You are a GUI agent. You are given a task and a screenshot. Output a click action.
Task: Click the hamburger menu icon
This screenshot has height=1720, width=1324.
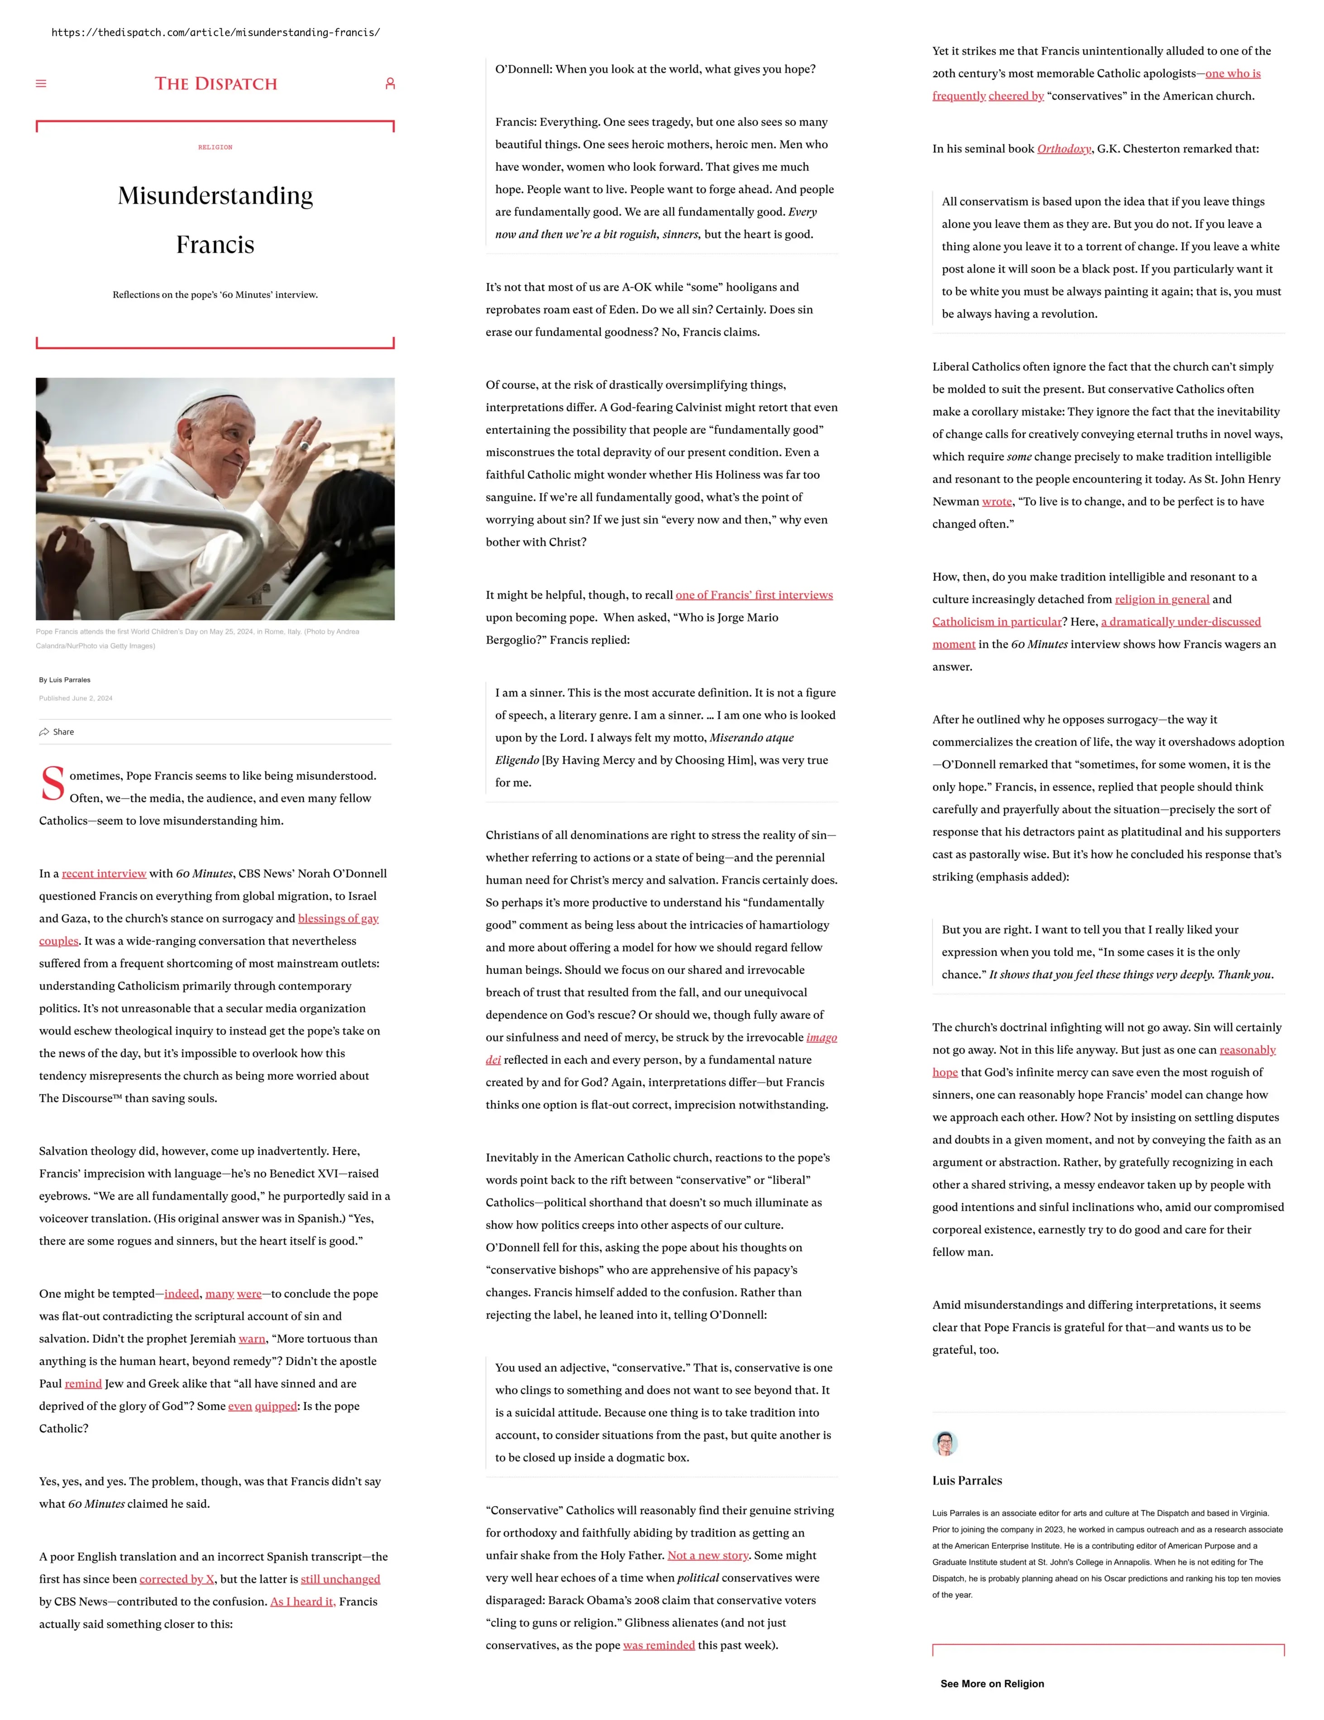click(x=41, y=83)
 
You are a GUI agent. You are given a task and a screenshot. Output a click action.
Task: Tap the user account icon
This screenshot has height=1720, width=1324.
click(x=389, y=83)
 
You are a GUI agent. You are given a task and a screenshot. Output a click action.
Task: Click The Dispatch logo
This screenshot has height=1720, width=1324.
click(x=216, y=83)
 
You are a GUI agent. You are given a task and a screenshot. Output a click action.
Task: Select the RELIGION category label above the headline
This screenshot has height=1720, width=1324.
click(x=215, y=147)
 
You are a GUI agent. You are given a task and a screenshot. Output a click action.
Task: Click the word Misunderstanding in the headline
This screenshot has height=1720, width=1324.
click(x=215, y=196)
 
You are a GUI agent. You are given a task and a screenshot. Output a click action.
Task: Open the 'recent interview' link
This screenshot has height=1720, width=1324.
click(x=104, y=874)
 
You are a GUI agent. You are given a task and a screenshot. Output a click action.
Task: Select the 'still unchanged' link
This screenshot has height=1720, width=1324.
click(x=340, y=1579)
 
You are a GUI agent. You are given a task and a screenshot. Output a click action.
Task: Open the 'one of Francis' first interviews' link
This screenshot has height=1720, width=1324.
click(x=754, y=595)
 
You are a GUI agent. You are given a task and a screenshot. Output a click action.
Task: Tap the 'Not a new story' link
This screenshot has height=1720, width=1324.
click(x=708, y=1555)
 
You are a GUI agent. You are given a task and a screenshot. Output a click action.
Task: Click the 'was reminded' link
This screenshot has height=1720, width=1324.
click(x=659, y=1645)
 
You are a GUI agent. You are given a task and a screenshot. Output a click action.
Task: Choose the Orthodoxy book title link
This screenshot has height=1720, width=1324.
click(x=1063, y=149)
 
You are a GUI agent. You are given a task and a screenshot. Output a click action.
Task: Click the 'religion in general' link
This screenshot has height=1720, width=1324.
click(x=1162, y=599)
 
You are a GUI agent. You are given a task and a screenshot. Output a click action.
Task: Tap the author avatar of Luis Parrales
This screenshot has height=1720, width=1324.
click(x=944, y=1443)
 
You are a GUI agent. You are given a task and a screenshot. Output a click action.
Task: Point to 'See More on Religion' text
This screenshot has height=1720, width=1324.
click(x=992, y=1684)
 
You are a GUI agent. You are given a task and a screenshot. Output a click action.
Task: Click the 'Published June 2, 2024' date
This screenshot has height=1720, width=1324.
click(x=76, y=698)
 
